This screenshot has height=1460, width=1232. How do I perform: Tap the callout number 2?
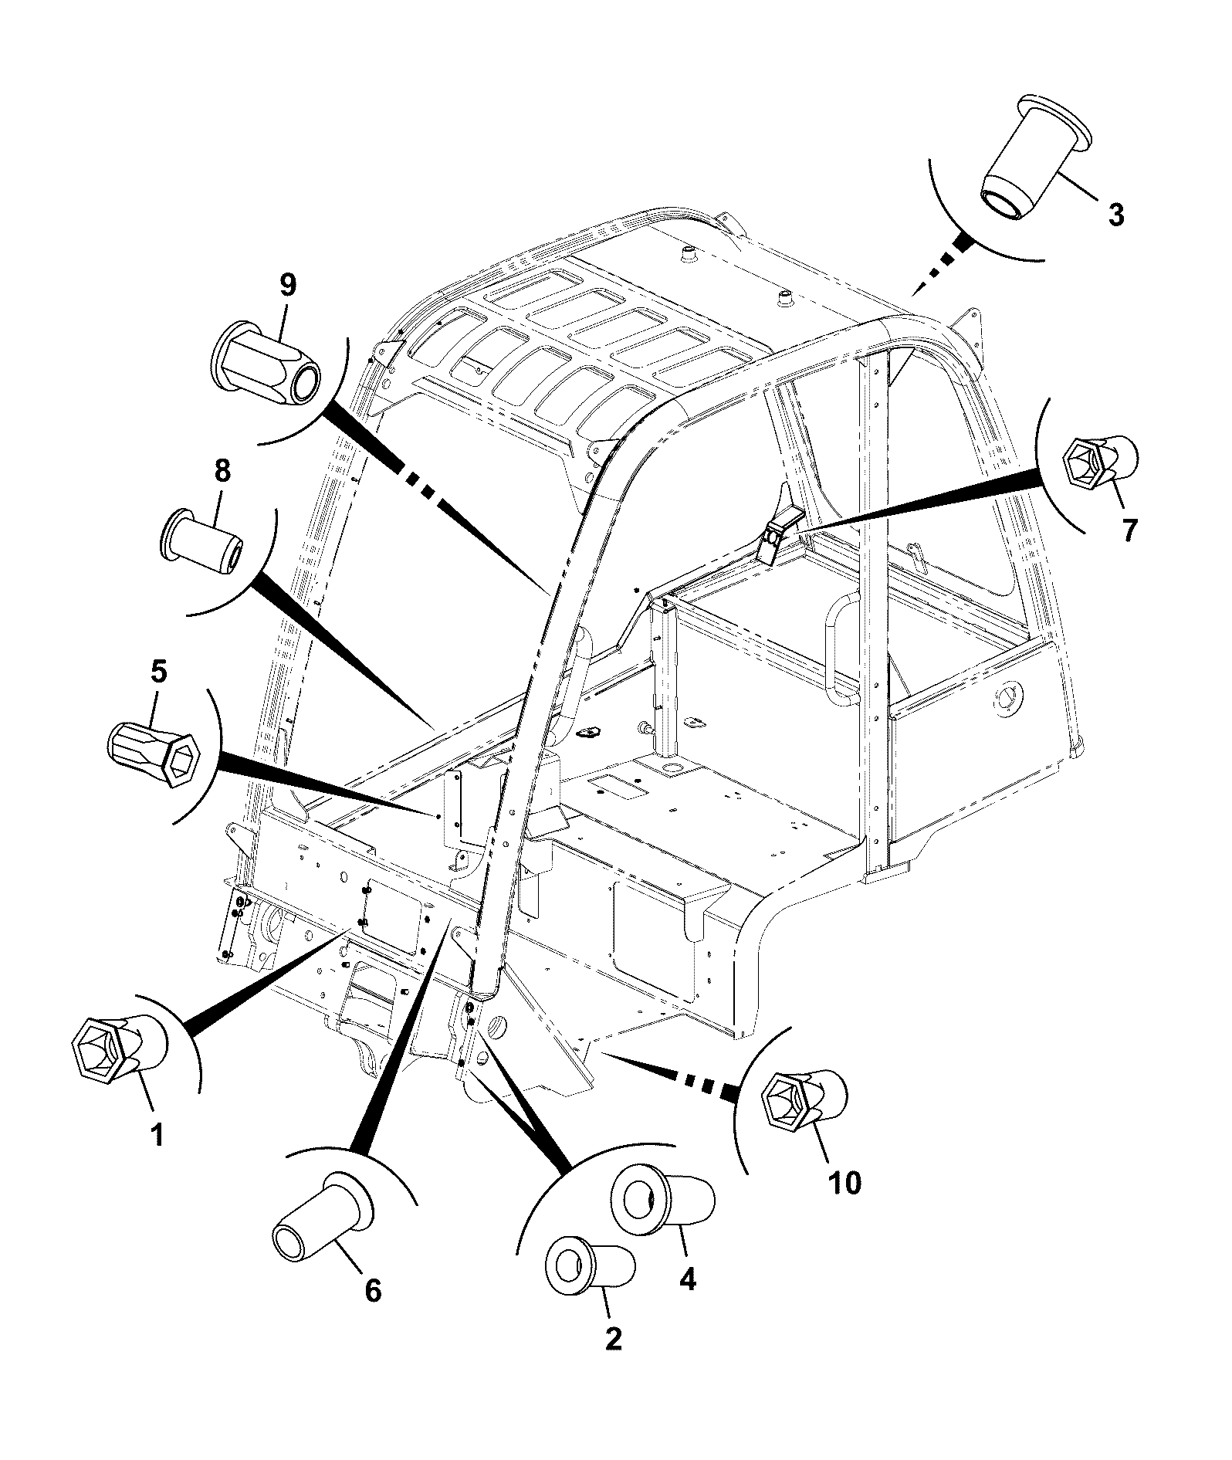coord(613,1338)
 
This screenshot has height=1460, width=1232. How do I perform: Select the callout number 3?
coord(1115,214)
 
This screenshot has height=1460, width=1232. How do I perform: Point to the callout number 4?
coord(687,1279)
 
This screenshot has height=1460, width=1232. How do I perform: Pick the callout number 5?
coord(157,672)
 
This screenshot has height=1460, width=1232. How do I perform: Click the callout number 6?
coord(373,1290)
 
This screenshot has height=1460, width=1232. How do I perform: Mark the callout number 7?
coord(1129,530)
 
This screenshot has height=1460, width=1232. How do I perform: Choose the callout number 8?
coord(222,470)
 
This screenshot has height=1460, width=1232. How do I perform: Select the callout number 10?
coord(845,1182)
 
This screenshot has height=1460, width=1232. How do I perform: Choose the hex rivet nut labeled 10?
coord(805,1104)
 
